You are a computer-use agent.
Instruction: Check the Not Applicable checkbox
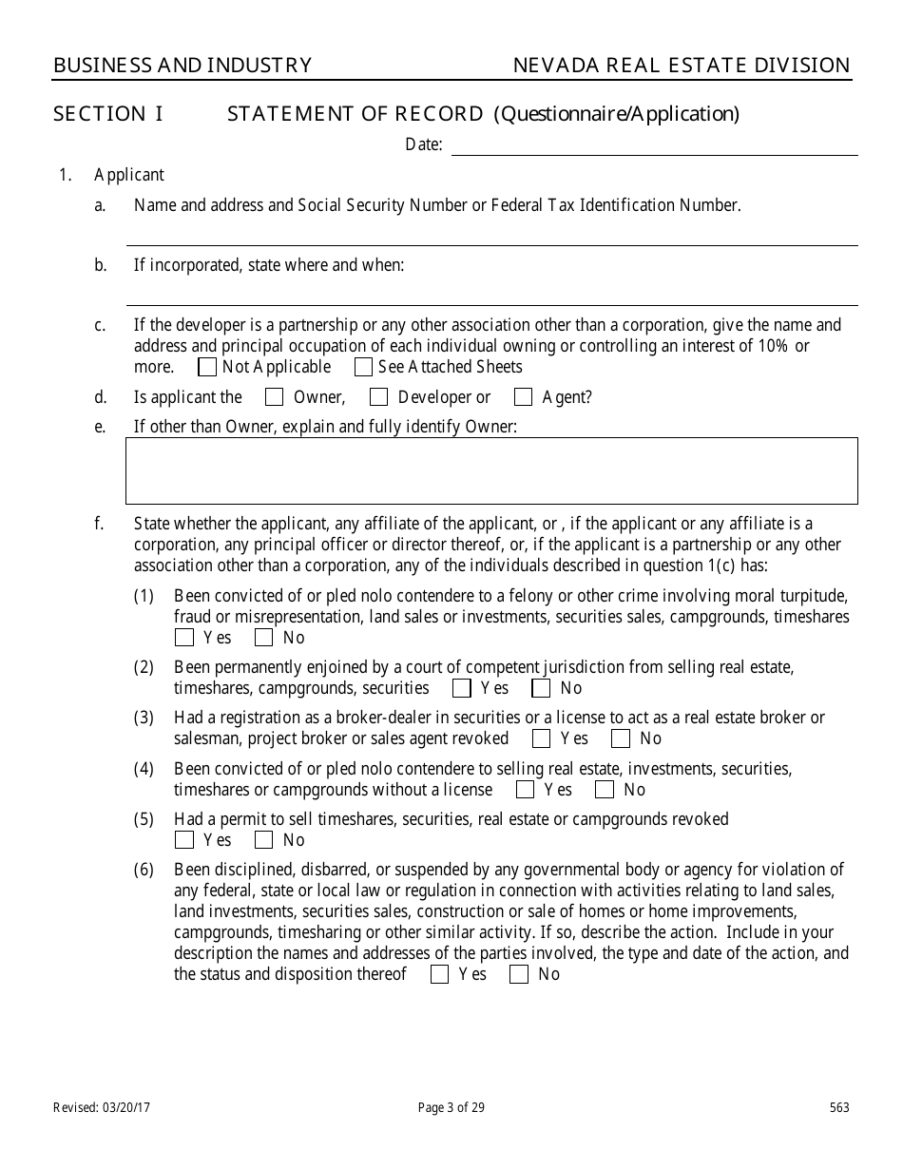click(x=207, y=367)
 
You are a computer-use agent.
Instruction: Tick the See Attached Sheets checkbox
click(x=363, y=367)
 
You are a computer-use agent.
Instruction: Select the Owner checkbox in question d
click(x=274, y=397)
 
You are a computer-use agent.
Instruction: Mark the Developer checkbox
click(x=378, y=397)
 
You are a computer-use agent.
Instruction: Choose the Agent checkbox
click(x=523, y=397)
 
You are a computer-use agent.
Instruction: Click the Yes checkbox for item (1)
click(x=184, y=638)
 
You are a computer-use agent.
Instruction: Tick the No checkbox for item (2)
click(x=541, y=688)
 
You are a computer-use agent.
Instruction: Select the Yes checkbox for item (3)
click(x=542, y=738)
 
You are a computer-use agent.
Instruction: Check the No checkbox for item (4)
click(x=605, y=790)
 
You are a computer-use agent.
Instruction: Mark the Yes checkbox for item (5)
click(x=184, y=840)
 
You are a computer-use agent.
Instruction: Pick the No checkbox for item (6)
click(x=519, y=974)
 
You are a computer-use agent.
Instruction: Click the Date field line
click(x=654, y=144)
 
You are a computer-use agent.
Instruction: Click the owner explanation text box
click(x=491, y=470)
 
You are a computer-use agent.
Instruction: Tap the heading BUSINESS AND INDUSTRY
click(x=183, y=66)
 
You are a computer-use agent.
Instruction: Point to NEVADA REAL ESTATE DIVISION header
click(x=682, y=66)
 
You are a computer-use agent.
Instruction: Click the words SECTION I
click(x=108, y=115)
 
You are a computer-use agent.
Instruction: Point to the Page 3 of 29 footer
click(x=451, y=1107)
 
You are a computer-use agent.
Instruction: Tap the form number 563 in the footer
click(x=838, y=1107)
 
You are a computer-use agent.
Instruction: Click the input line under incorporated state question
click(x=491, y=295)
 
